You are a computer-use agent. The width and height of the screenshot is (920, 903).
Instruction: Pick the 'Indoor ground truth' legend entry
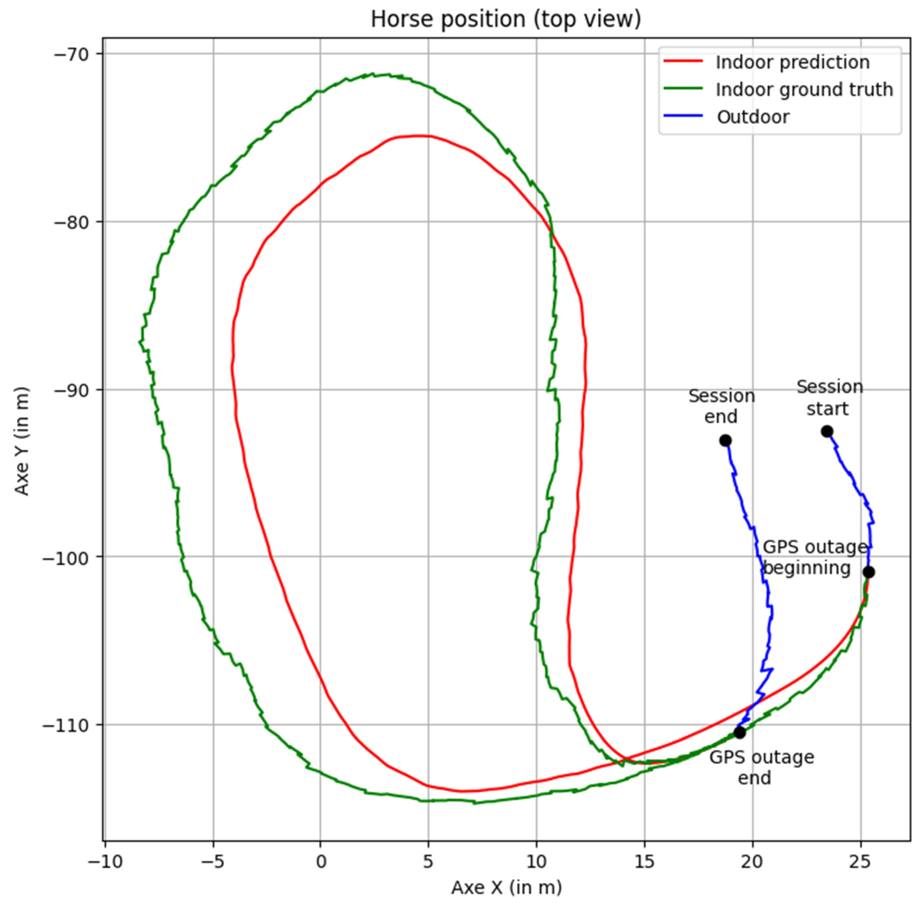pyautogui.click(x=804, y=90)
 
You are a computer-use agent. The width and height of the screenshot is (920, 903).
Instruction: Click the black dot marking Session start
pyautogui.click(x=827, y=431)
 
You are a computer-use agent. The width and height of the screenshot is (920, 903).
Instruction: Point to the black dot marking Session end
pyautogui.click(x=725, y=441)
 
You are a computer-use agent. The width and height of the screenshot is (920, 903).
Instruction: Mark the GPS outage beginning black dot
pyautogui.click(x=868, y=572)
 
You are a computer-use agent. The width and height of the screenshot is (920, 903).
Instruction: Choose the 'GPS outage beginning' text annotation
pyautogui.click(x=814, y=557)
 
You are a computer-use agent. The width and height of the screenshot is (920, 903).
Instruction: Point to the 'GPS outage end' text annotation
pyautogui.click(x=761, y=767)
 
